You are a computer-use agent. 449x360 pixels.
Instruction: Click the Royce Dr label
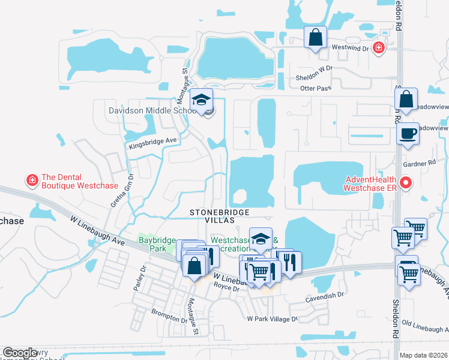point(228,289)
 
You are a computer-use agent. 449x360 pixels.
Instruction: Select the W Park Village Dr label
point(273,319)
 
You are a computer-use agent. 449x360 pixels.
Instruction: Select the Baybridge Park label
point(157,244)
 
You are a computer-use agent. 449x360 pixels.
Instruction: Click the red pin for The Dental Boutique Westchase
point(31,179)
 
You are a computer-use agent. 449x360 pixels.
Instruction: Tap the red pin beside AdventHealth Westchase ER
point(407,182)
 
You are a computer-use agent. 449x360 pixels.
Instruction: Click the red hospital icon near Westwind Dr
point(378,47)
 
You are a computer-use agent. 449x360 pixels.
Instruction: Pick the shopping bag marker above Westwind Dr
point(315,38)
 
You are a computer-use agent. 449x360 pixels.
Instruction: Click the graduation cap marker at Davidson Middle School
point(202,100)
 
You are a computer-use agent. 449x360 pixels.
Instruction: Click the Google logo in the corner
point(20,353)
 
